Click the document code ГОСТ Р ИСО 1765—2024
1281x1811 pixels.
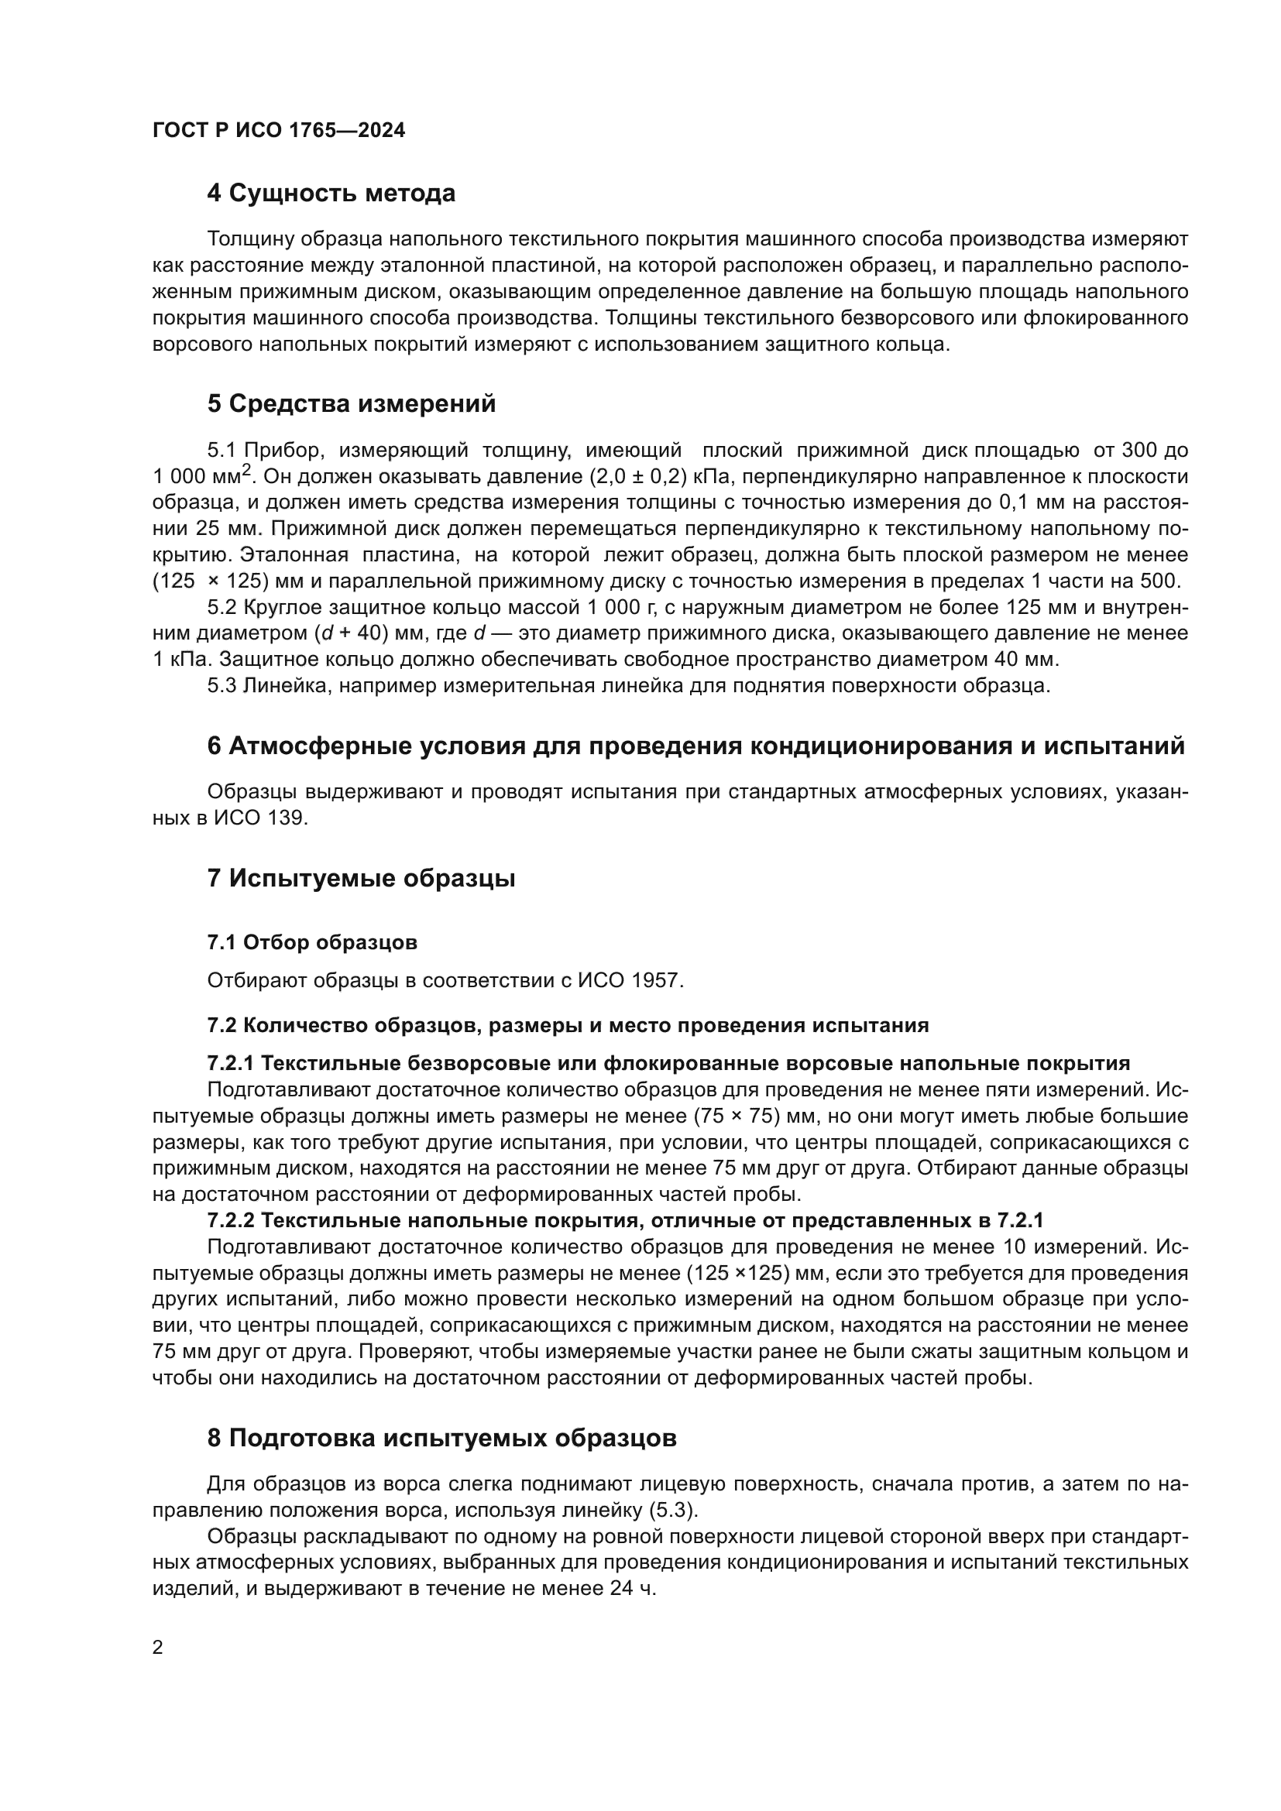pyautogui.click(x=279, y=131)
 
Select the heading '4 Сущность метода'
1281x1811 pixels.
pyautogui.click(x=331, y=194)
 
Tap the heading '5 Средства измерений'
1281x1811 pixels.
pyautogui.click(x=351, y=404)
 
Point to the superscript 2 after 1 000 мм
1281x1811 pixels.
pyautogui.click(x=247, y=471)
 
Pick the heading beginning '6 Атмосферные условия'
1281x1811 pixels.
pyautogui.click(x=695, y=746)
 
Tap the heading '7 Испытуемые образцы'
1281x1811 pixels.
pyautogui.click(x=360, y=878)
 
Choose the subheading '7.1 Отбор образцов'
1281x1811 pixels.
pyautogui.click(x=311, y=942)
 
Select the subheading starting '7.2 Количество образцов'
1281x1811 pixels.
pyautogui.click(x=567, y=1025)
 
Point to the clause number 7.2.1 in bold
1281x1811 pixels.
pyautogui.click(x=229, y=1063)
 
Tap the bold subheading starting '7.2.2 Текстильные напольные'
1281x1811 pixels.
pyautogui.click(x=624, y=1220)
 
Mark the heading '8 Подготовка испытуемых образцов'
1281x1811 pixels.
pyautogui.click(x=441, y=1438)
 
